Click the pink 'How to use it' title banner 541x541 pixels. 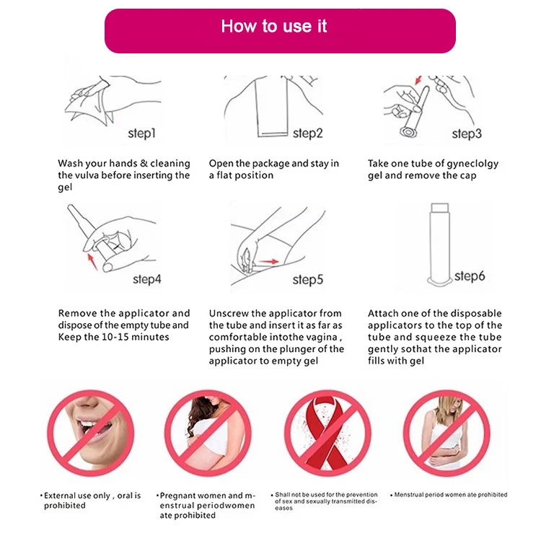pyautogui.click(x=280, y=31)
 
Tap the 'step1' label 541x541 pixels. pyautogui.click(x=142, y=133)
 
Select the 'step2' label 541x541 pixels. pyautogui.click(x=308, y=133)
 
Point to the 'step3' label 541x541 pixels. pyautogui.click(x=467, y=134)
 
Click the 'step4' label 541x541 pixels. pyautogui.click(x=147, y=279)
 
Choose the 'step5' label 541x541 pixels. pyautogui.click(x=308, y=280)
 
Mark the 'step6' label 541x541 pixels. pyautogui.click(x=470, y=276)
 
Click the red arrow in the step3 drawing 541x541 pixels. pyautogui.click(x=418, y=80)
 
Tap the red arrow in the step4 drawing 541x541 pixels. pyautogui.click(x=92, y=262)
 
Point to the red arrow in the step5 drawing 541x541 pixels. pyautogui.click(x=269, y=262)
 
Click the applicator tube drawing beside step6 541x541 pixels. pyautogui.click(x=439, y=245)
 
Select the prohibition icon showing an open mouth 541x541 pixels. pyautogui.click(x=91, y=433)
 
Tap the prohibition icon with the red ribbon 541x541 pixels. pyautogui.click(x=328, y=433)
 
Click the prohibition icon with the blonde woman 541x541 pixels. pyautogui.click(x=447, y=433)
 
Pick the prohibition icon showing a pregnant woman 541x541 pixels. pyautogui.click(x=208, y=433)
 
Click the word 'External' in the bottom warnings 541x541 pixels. pyautogui.click(x=59, y=496)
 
